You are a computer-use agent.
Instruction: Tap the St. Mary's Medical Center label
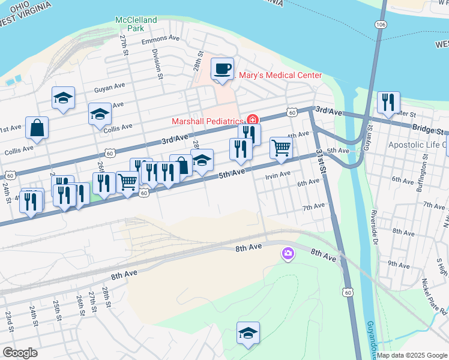pyautogui.click(x=280, y=75)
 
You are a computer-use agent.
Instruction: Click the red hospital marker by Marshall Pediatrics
pyautogui.click(x=253, y=119)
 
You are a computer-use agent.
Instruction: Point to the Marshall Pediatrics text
pyautogui.click(x=208, y=121)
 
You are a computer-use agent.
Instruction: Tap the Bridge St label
pyautogui.click(x=430, y=130)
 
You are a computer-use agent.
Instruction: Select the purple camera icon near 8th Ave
pyautogui.click(x=288, y=254)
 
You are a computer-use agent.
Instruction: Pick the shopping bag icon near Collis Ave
pyautogui.click(x=37, y=128)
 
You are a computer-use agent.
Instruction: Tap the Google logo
pyautogui.click(x=20, y=352)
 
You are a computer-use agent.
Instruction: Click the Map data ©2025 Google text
pyautogui.click(x=412, y=355)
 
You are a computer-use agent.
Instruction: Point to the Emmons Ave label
pyautogui.click(x=160, y=38)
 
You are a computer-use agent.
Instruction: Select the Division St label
pyautogui.click(x=157, y=64)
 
